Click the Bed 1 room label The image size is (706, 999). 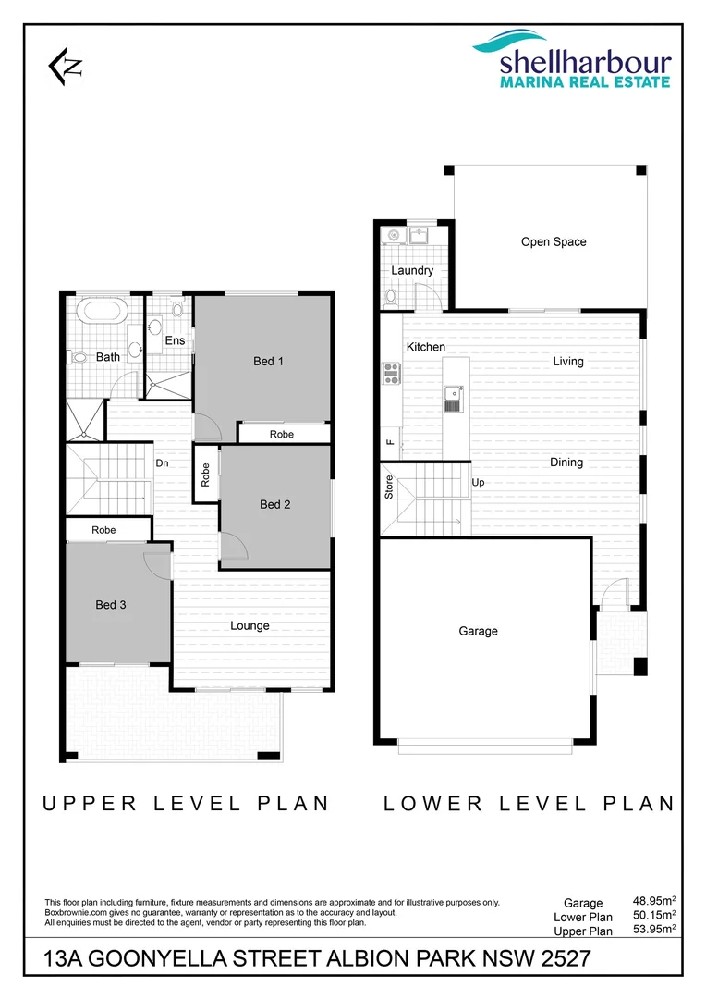[x=268, y=361]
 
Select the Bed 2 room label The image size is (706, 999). [x=274, y=504]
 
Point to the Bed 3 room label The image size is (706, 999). [x=110, y=604]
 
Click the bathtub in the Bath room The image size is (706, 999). [x=102, y=312]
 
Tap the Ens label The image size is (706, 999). [x=175, y=340]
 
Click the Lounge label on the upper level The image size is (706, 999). [x=250, y=625]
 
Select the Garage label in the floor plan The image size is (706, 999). [x=478, y=631]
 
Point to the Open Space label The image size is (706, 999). [x=554, y=242]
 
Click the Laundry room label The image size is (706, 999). [x=412, y=270]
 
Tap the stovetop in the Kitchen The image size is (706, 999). [x=392, y=373]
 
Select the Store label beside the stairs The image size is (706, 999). [x=389, y=487]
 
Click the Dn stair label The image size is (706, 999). [x=162, y=463]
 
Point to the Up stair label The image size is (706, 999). [x=478, y=483]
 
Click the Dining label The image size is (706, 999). [x=566, y=462]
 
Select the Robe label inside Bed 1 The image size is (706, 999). [x=282, y=434]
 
